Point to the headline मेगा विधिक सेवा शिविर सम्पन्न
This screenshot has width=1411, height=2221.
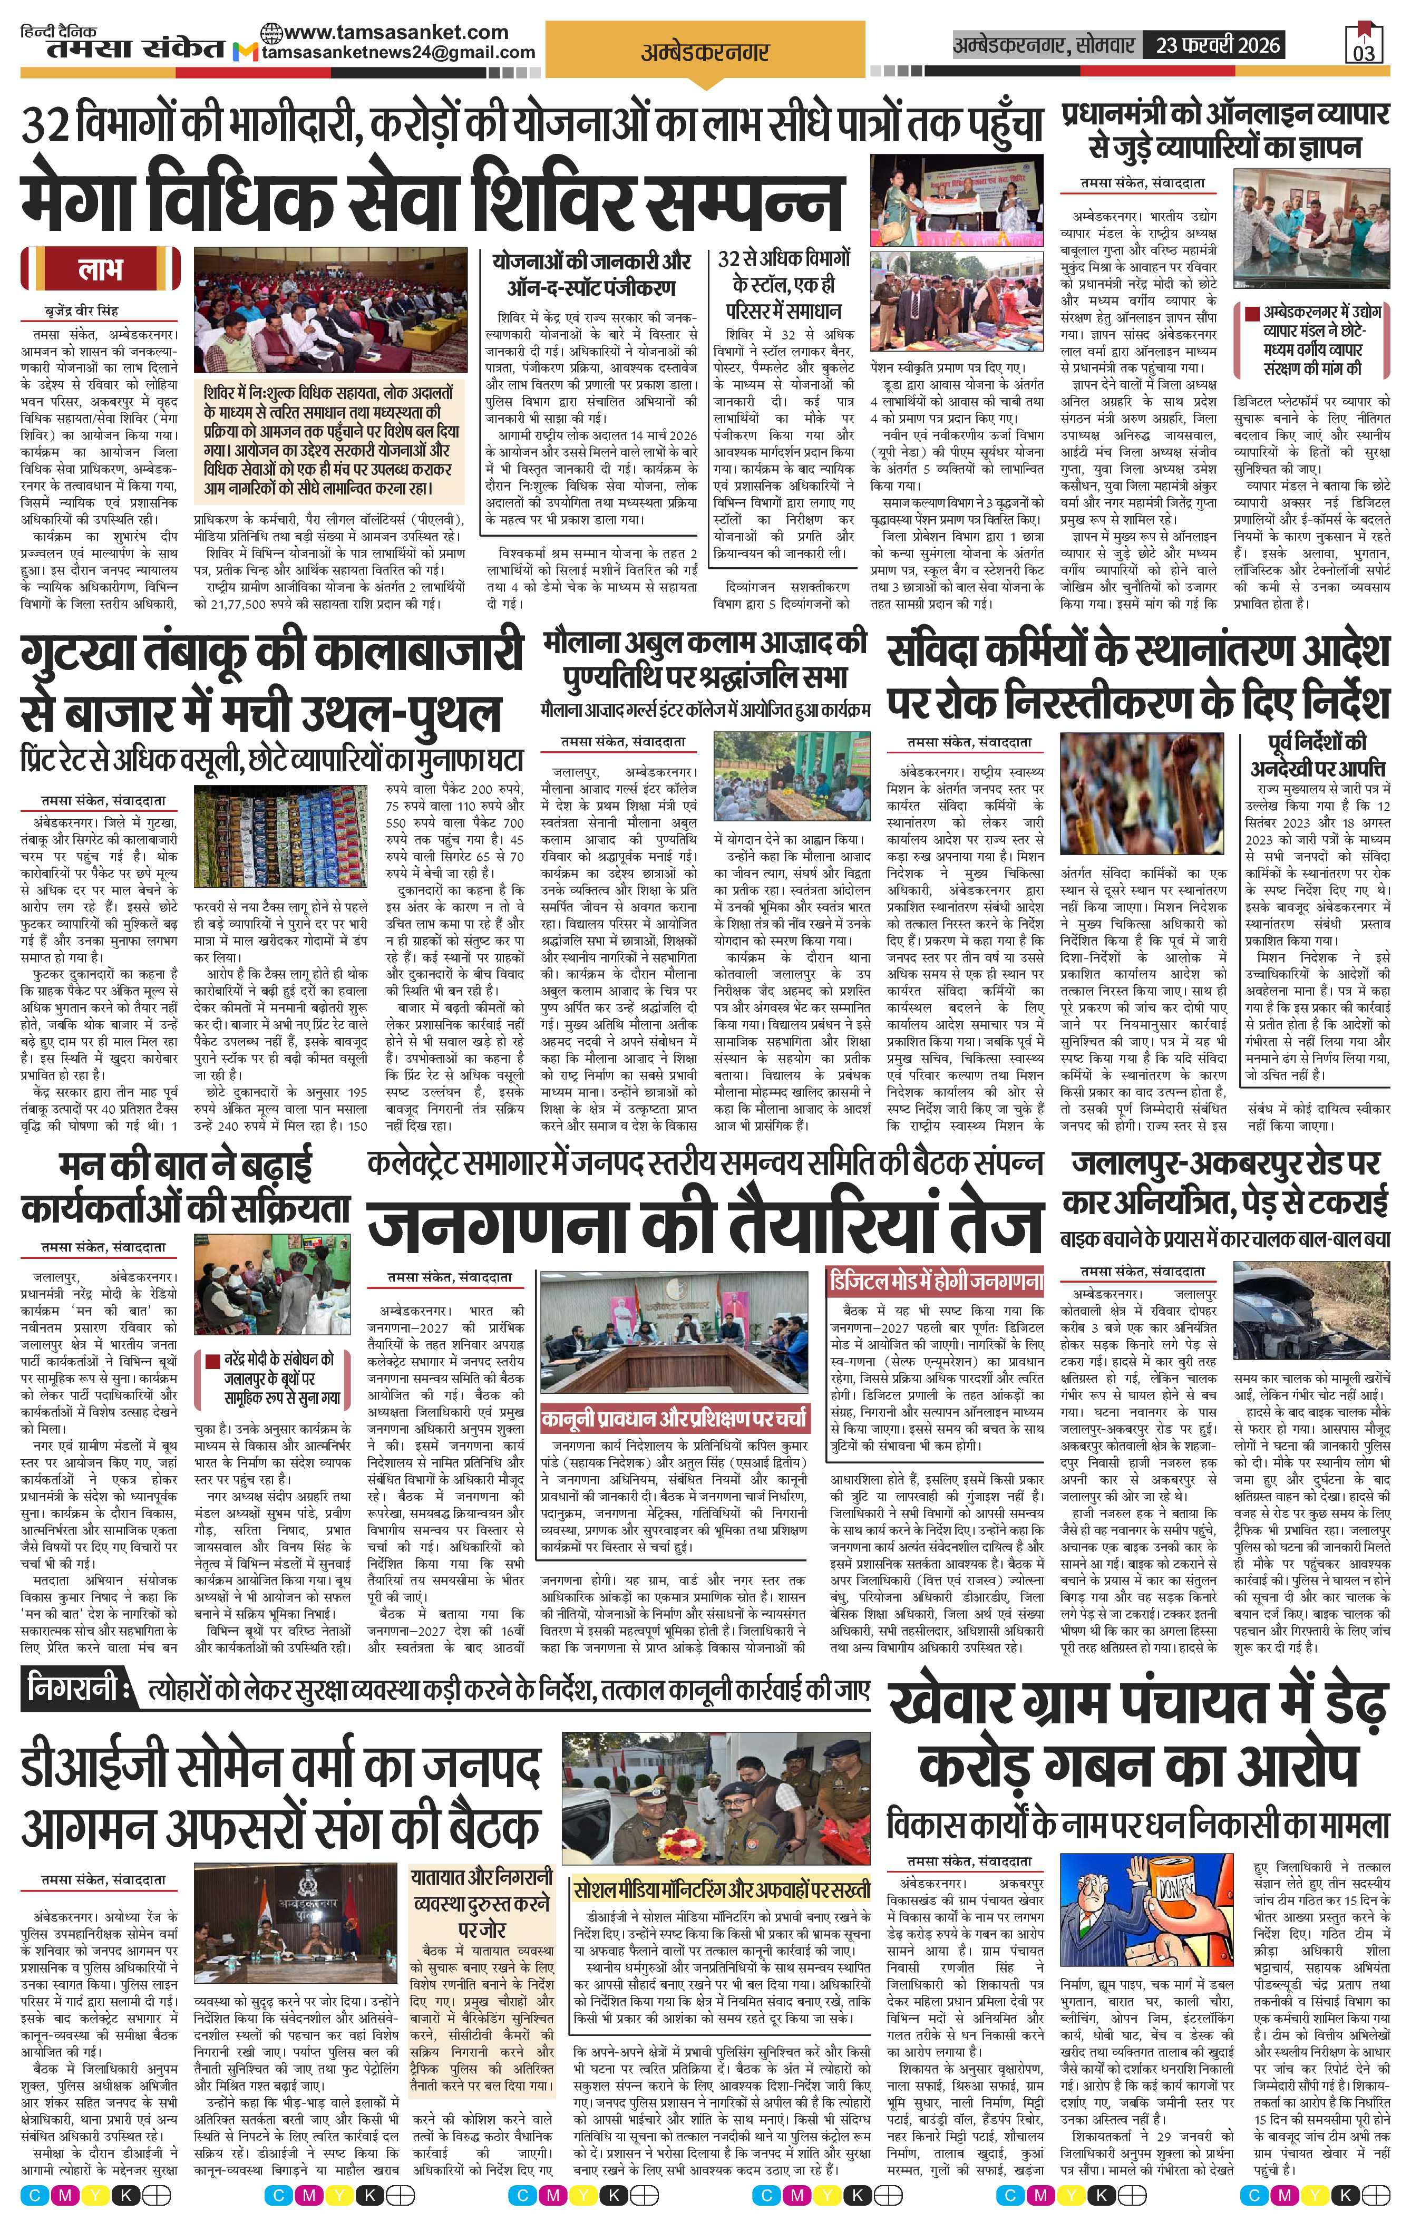coord(432,197)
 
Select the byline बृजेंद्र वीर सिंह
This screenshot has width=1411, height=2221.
coord(82,311)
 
